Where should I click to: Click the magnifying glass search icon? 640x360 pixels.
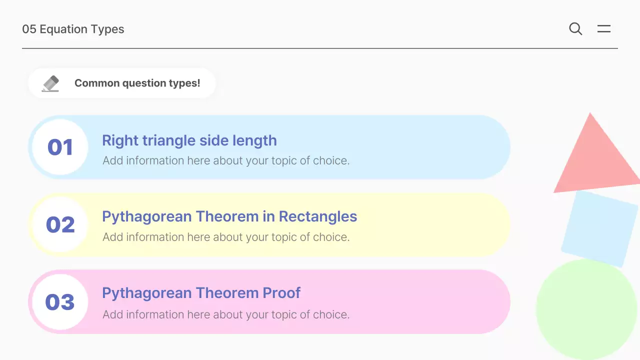tap(575, 29)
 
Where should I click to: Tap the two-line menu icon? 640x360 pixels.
tap(604, 29)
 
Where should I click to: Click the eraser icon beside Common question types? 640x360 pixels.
tap(50, 83)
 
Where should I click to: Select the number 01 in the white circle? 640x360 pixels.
tap(60, 147)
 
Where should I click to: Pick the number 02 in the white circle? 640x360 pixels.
tap(60, 224)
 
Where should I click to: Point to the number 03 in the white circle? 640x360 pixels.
tap(60, 302)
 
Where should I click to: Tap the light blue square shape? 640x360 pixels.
tap(599, 228)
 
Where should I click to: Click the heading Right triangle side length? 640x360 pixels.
tap(189, 140)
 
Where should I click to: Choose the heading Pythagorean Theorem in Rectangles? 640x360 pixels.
tap(229, 216)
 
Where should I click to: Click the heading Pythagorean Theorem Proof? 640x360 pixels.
tap(201, 292)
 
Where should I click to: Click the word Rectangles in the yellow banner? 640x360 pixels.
tap(318, 216)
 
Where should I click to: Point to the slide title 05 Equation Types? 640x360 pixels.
tap(73, 29)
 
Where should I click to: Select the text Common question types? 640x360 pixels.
tap(137, 83)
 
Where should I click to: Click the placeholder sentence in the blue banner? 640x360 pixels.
tap(225, 160)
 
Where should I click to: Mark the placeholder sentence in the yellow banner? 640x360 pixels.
tap(225, 237)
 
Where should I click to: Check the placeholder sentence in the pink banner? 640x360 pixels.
tap(225, 314)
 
